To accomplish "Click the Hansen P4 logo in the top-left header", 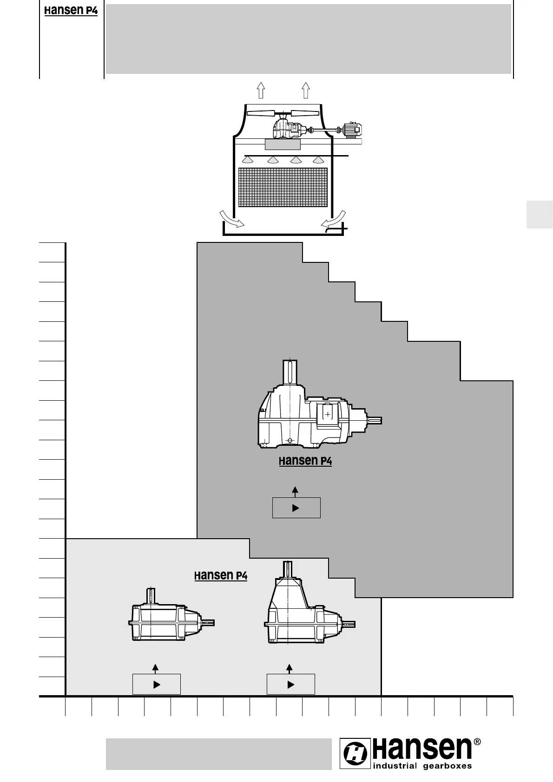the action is pyautogui.click(x=71, y=11).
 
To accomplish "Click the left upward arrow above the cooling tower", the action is pyautogui.click(x=261, y=90).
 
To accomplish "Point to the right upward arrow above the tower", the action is pyautogui.click(x=305, y=90).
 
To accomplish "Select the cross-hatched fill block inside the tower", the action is pyautogui.click(x=283, y=187).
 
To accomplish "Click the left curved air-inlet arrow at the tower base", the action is pyautogui.click(x=231, y=219).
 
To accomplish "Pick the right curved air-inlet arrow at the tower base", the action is pyautogui.click(x=334, y=218).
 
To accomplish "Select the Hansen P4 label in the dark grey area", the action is pyautogui.click(x=305, y=461).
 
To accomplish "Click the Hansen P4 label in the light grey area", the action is pyautogui.click(x=220, y=576).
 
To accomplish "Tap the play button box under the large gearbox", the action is pyautogui.click(x=296, y=508).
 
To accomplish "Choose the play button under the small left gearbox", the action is pyautogui.click(x=156, y=684).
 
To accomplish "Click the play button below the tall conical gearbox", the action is pyautogui.click(x=290, y=684).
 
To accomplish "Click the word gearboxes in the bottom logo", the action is pyautogui.click(x=447, y=766).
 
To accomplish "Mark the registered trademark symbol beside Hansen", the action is pyautogui.click(x=477, y=742).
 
